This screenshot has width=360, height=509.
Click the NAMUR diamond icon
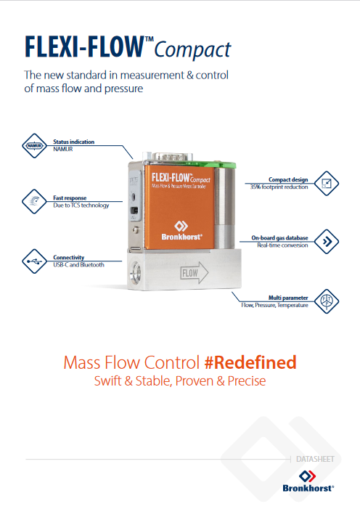pos(34,146)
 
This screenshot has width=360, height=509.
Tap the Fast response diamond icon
pos(34,202)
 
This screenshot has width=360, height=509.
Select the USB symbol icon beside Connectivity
pos(34,261)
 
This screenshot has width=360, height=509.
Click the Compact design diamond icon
pos(327,184)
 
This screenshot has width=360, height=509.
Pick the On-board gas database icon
pos(327,242)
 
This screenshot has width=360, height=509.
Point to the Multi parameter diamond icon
pos(327,301)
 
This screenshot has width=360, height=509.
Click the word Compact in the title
pos(192,50)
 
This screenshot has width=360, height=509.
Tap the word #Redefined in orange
pos(250,362)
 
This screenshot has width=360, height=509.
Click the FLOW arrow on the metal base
pos(194,273)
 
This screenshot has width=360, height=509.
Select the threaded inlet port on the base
pos(136,272)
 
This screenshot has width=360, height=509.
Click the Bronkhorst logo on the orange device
pos(181,231)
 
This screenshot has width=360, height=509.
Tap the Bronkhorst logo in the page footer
pos(308,481)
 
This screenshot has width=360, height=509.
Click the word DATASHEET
pos(315,459)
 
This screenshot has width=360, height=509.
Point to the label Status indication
pos(74,142)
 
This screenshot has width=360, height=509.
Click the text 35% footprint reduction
pos(279,187)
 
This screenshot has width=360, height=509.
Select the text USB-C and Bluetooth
pos(78,265)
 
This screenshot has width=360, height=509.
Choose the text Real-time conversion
pos(282,245)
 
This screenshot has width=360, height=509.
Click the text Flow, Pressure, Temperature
pos(274,305)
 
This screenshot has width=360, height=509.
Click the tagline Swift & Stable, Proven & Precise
pos(180,380)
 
